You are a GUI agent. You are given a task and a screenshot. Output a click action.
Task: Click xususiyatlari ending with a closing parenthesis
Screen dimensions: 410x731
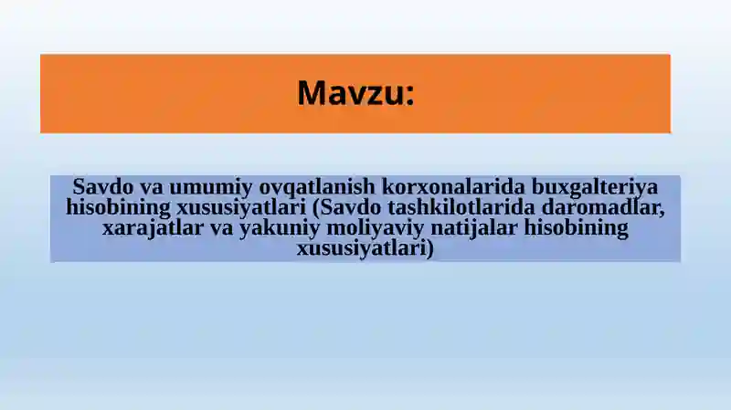pyautogui.click(x=365, y=248)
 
